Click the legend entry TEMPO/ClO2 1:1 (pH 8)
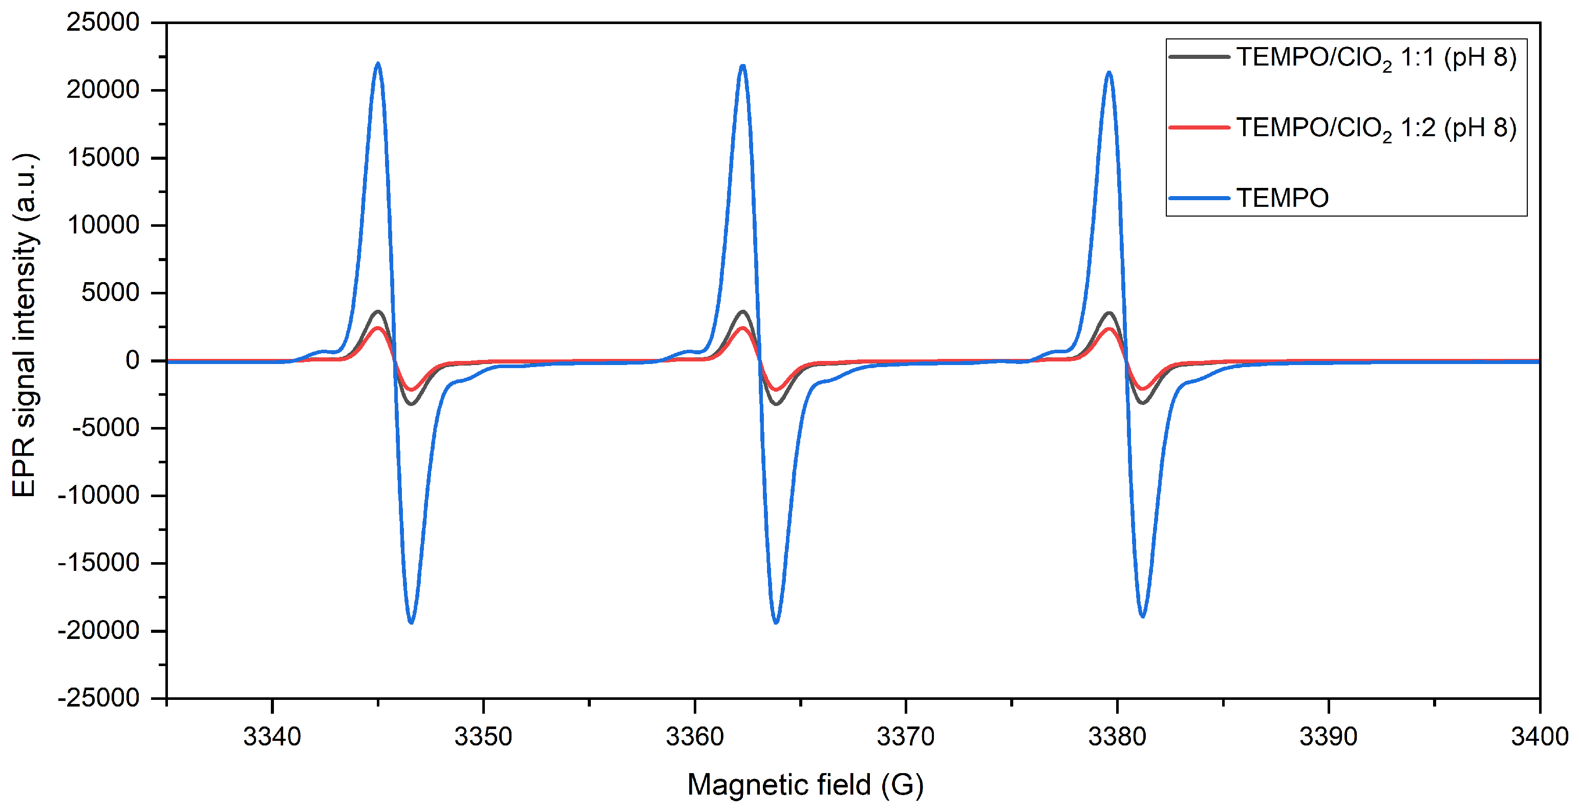1376,58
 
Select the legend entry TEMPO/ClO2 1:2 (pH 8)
1376,129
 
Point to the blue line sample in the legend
1199,198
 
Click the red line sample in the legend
1199,127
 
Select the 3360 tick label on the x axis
694,736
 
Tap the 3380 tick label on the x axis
1117,736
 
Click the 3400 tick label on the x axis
1539,736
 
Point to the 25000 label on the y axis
103,23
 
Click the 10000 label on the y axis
103,225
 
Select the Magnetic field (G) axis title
805,785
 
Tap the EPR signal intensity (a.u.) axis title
25,325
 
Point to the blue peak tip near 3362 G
743,65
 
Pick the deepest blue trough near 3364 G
776,623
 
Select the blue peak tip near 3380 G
1109,72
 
